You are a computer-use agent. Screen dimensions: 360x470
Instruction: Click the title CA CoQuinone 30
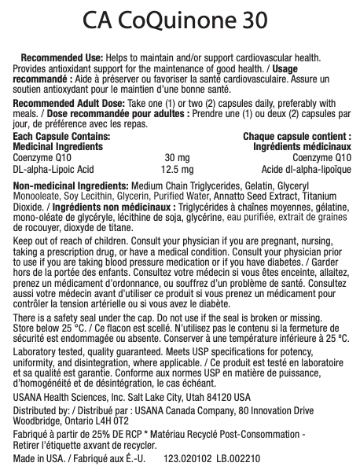click(179, 20)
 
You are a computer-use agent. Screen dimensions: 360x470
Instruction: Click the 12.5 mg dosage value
click(177, 168)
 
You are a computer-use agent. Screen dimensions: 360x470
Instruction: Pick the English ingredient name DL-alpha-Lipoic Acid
click(53, 168)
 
